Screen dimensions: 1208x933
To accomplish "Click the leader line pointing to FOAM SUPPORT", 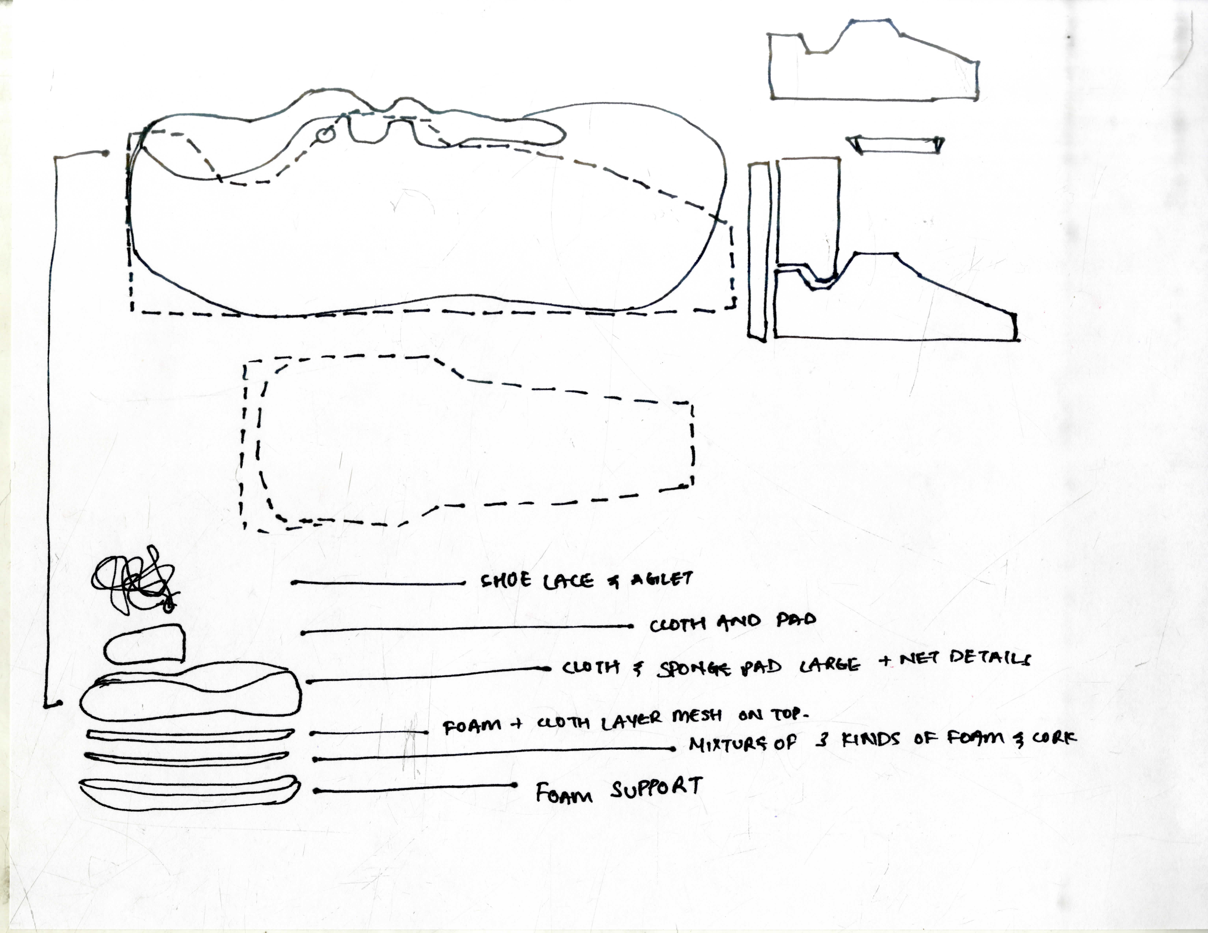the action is pos(415,788).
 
